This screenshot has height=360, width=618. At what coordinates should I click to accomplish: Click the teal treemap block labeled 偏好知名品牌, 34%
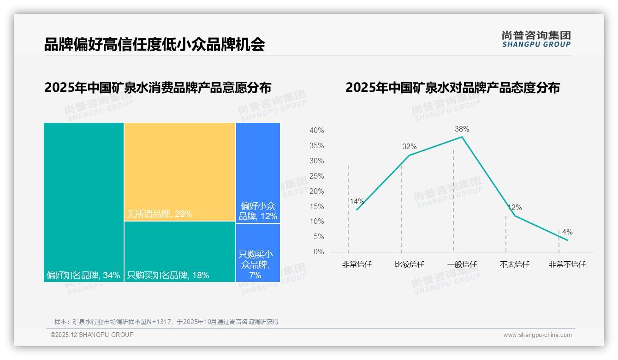83,198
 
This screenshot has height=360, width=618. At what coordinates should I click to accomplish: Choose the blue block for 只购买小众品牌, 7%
258,252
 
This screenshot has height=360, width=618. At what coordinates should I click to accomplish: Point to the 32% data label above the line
409,147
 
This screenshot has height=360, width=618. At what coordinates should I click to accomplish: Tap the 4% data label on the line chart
567,232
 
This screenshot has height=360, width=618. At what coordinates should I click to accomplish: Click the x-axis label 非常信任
357,264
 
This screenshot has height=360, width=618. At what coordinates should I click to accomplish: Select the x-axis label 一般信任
462,264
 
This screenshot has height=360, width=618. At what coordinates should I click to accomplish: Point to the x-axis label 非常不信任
567,264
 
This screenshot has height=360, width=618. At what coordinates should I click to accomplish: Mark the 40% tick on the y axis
316,131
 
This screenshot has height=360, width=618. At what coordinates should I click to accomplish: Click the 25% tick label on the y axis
316,176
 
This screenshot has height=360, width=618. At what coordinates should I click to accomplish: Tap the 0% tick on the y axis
318,252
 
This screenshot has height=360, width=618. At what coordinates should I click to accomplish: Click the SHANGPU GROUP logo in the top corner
536,39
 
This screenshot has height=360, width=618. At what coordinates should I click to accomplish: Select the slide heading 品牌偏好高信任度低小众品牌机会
154,45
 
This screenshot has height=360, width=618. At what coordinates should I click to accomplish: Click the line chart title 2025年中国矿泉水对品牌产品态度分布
452,88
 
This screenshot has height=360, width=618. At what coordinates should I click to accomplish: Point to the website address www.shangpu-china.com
537,335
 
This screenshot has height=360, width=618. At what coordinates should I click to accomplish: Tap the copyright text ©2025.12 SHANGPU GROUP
92,335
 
